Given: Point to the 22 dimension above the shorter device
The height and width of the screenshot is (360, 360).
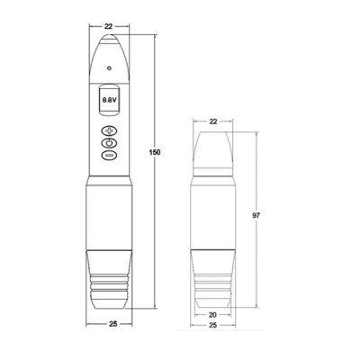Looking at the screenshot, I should click(214, 120).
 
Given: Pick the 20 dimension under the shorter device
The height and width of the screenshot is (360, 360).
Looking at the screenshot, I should click(214, 314).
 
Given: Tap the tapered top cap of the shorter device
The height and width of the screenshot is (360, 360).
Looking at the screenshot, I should click(214, 148).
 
